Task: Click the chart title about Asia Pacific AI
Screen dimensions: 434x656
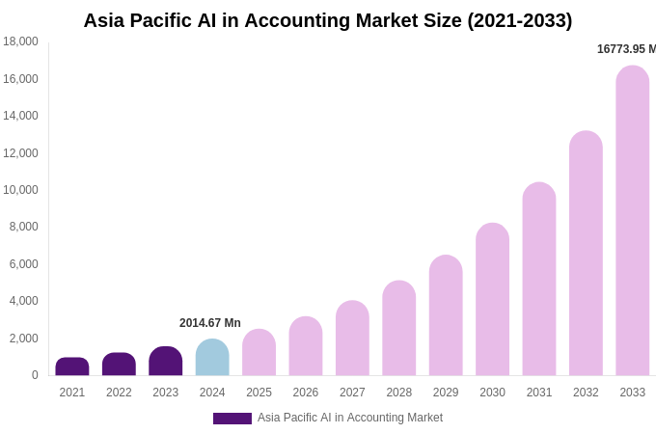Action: point(327,20)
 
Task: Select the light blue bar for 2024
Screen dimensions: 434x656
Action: point(212,358)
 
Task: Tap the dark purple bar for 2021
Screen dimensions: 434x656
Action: point(72,366)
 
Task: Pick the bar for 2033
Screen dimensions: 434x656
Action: point(632,221)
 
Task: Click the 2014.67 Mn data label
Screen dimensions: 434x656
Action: point(210,323)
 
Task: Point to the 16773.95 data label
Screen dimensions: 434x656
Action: point(625,49)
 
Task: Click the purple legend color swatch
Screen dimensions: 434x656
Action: point(232,419)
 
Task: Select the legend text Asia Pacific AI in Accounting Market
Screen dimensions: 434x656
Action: point(349,418)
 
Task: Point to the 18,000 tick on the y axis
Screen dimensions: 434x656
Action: point(20,41)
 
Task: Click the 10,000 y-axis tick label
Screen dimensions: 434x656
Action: point(20,190)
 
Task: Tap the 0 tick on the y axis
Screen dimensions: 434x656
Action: point(35,375)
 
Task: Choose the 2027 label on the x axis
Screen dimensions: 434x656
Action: point(352,393)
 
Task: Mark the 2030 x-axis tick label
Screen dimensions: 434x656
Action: point(492,393)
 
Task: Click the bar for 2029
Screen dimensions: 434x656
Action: point(446,315)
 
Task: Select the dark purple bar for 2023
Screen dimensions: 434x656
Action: point(166,362)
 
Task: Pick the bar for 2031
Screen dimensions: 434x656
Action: point(539,279)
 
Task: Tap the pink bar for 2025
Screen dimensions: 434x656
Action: point(259,353)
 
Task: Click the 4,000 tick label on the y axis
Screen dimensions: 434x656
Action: point(23,301)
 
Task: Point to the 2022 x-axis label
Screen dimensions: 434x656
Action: point(119,393)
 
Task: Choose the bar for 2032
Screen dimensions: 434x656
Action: point(586,254)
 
